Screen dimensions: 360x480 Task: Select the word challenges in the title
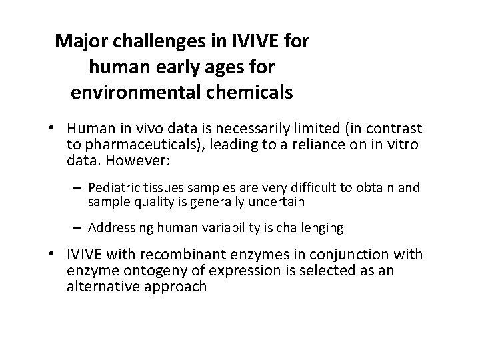[153, 41]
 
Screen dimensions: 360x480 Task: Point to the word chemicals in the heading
[251, 92]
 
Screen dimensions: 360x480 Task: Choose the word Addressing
[118, 228]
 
